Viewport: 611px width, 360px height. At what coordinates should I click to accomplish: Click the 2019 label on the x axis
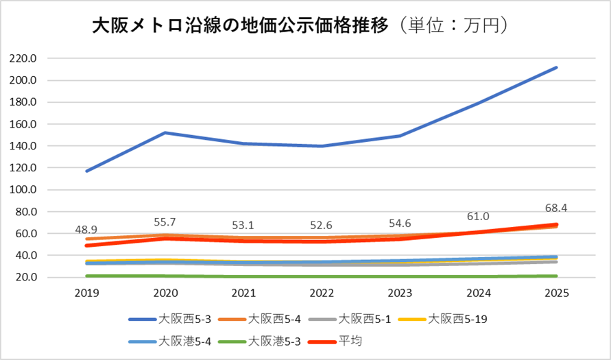(x=86, y=293)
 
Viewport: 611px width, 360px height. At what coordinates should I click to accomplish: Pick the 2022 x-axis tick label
(x=322, y=293)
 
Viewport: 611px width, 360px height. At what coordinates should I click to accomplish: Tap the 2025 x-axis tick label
(x=556, y=293)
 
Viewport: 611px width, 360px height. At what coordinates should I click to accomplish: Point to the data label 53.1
(x=243, y=225)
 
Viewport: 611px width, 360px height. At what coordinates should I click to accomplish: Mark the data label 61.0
(x=478, y=217)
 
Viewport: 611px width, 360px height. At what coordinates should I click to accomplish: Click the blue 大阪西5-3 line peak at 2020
(x=165, y=132)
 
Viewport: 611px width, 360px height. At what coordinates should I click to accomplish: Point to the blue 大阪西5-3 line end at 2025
(x=556, y=67)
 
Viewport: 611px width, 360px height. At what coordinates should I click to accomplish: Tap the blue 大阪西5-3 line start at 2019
(x=86, y=171)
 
